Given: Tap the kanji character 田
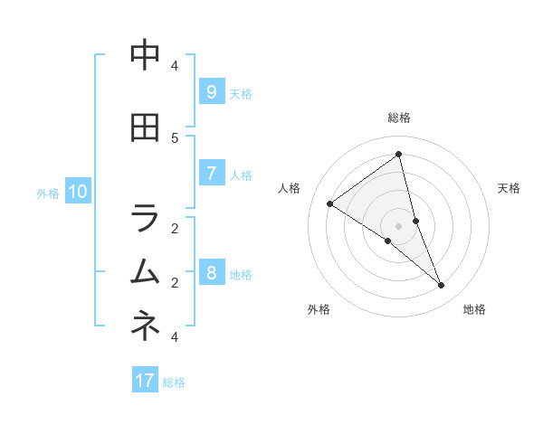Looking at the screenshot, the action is point(145,129).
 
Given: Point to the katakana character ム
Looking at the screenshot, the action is point(145,271).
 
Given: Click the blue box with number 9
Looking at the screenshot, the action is point(211,92).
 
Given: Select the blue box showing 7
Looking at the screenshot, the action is point(211,174).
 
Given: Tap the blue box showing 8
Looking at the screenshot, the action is point(211,273).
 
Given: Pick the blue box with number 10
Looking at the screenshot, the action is point(78,192).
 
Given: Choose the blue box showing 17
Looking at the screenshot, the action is point(145,381).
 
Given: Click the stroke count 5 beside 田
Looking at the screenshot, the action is point(175,137).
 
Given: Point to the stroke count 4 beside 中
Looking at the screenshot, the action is point(175,65).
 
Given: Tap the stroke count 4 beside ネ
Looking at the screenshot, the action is point(175,336).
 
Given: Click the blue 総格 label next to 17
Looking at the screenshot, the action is point(174,382).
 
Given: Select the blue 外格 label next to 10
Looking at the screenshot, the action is point(48,193).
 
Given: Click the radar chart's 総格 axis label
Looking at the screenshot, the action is point(399,118).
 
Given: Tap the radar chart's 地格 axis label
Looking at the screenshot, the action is point(474,309).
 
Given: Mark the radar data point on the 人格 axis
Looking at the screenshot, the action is point(329,203).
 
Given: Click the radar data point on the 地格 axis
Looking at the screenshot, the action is point(442,286).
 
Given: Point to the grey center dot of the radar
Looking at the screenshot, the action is point(399,225).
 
